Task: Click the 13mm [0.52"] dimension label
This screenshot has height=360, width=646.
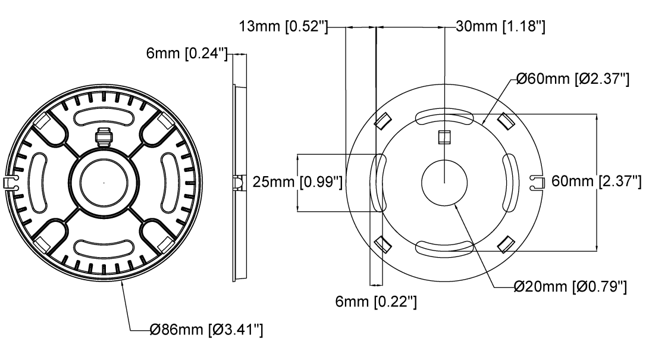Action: (284, 27)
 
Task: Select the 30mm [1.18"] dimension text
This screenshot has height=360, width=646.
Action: (501, 27)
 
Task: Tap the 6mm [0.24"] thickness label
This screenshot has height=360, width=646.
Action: (187, 54)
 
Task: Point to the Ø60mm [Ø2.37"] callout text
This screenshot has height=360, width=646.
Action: (573, 79)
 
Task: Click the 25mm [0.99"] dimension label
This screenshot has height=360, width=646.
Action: (297, 181)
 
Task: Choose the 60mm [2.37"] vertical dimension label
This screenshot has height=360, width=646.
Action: (596, 181)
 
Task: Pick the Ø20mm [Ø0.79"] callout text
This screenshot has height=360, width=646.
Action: (570, 286)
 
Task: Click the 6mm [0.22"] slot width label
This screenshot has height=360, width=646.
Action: (376, 302)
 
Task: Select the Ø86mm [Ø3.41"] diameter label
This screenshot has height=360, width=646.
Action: (206, 330)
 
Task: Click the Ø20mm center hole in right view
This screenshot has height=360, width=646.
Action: (444, 183)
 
